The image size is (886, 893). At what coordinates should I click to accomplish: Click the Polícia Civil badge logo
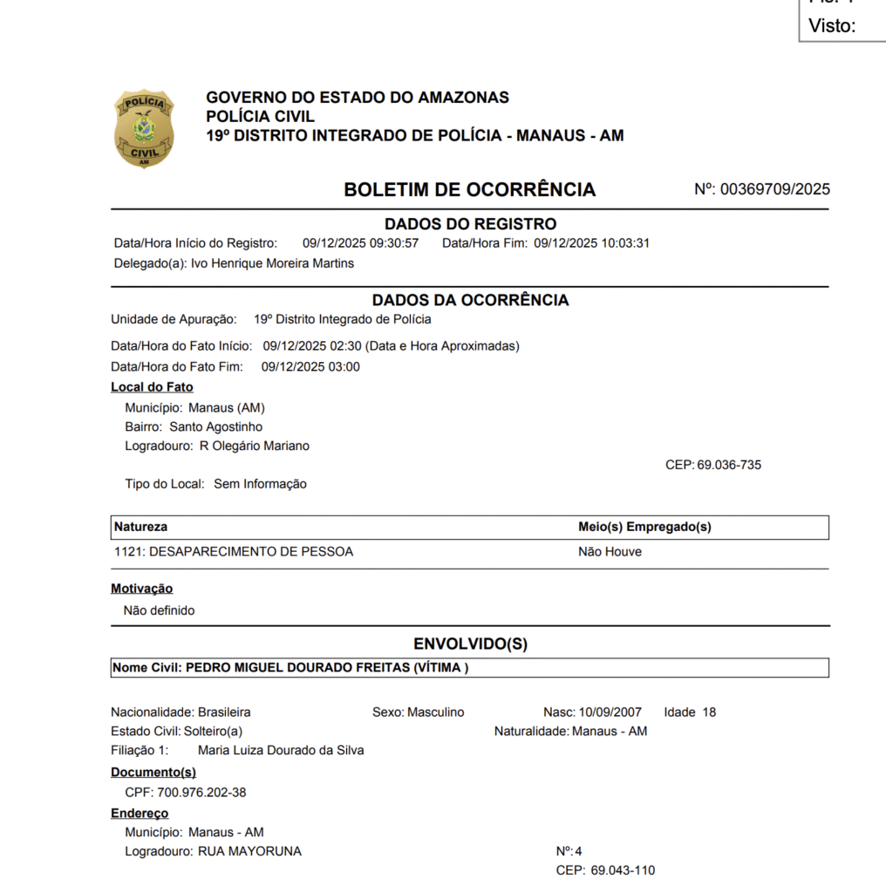pos(144,128)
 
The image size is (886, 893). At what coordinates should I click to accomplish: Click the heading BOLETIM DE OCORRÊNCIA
pos(469,190)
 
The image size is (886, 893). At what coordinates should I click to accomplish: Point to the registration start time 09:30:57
pos(394,243)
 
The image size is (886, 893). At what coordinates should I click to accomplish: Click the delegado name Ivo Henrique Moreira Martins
pos(272,263)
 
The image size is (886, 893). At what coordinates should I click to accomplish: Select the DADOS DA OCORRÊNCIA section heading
pos(470,300)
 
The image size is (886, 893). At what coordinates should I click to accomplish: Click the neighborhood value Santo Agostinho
pos(215,427)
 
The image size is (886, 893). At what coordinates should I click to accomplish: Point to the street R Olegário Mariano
pos(254,446)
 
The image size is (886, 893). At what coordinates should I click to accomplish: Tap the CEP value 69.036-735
pos(728,466)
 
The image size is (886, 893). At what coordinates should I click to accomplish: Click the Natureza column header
pos(141,527)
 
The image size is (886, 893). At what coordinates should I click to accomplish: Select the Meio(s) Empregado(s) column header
pos(644,527)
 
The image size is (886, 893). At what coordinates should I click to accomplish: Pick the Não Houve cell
pos(610,552)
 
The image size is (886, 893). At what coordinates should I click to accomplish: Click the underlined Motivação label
pos(142,589)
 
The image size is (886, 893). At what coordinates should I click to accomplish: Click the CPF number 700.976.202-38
pos(201,793)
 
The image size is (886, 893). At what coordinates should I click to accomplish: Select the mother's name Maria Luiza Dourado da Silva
pos(281,751)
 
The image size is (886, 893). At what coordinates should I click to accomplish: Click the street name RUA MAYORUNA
pos(251,851)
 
